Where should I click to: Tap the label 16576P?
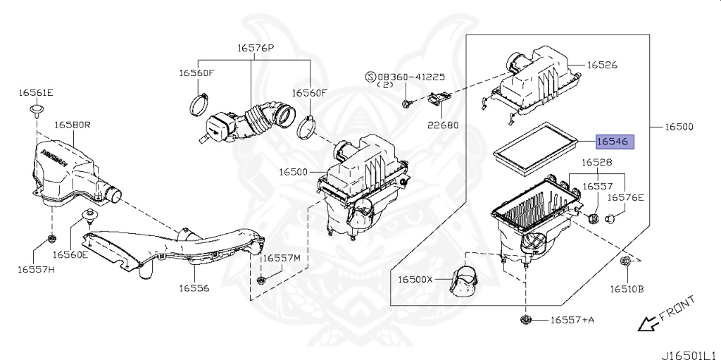pyautogui.click(x=255, y=49)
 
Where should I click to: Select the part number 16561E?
pyautogui.click(x=36, y=93)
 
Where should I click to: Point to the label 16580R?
pyautogui.click(x=73, y=125)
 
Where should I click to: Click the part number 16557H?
pyautogui.click(x=36, y=268)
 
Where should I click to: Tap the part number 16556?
pyautogui.click(x=194, y=287)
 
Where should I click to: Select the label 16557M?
pyautogui.click(x=282, y=259)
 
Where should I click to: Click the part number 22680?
pyautogui.click(x=442, y=125)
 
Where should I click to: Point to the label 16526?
pyautogui.click(x=603, y=65)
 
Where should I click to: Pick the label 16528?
pyautogui.click(x=596, y=163)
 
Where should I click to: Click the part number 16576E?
pyautogui.click(x=626, y=198)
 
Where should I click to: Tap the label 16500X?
pyautogui.click(x=415, y=280)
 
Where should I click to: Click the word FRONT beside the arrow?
pyautogui.click(x=677, y=307)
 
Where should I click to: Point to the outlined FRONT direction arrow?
pyautogui.click(x=644, y=323)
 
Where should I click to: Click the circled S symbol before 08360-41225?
pyautogui.click(x=370, y=76)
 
